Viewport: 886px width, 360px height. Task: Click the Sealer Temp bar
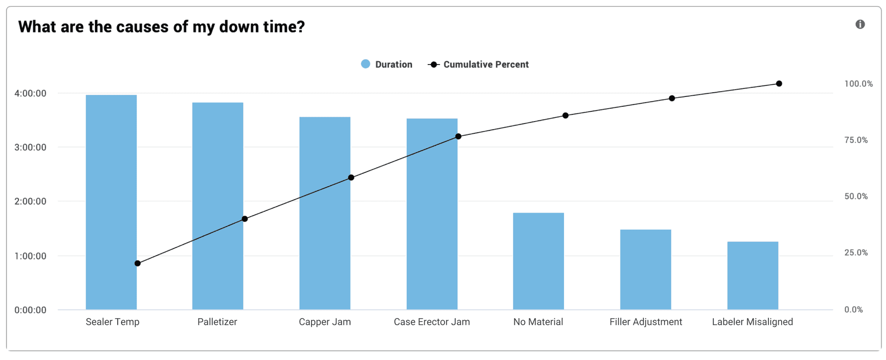[x=111, y=202]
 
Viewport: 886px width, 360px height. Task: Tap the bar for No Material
[x=538, y=261]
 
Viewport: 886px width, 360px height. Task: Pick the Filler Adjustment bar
[x=645, y=269]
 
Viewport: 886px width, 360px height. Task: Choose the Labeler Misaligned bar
[x=753, y=275]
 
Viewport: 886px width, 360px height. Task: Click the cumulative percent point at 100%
[x=779, y=84]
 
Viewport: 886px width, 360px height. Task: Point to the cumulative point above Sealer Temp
[x=138, y=263]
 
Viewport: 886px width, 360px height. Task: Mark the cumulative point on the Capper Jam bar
[x=351, y=177]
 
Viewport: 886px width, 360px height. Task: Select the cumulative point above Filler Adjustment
[x=672, y=98]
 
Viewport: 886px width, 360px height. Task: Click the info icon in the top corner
[x=860, y=25]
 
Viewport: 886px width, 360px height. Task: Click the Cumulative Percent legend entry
[x=479, y=65]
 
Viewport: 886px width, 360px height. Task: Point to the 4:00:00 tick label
[x=31, y=94]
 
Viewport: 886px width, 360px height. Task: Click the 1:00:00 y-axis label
[x=31, y=256]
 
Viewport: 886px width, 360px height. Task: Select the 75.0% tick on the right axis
[x=856, y=140]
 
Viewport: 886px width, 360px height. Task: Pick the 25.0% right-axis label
[x=856, y=253]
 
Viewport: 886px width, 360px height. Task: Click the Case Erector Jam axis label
[x=432, y=322]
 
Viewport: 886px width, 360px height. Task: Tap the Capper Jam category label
[x=325, y=322]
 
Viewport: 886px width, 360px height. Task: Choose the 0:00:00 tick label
[x=31, y=310]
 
